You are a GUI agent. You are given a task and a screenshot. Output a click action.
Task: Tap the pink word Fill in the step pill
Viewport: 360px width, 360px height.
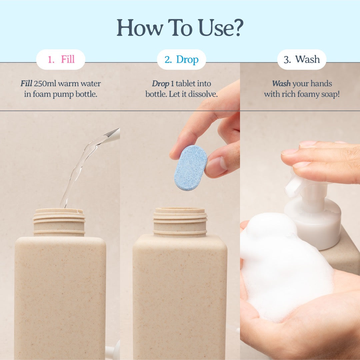[x=68, y=60]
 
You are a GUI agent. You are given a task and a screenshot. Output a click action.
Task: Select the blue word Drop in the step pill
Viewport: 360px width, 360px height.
[x=187, y=60]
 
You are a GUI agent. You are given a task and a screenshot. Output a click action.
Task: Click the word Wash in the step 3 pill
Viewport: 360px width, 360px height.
[x=307, y=60]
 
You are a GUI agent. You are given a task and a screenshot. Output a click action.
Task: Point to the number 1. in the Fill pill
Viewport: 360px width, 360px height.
[x=51, y=60]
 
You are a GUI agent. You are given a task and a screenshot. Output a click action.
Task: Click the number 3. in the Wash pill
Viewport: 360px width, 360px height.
[x=287, y=60]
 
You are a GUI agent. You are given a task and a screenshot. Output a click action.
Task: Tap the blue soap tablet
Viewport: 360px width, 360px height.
[x=190, y=168]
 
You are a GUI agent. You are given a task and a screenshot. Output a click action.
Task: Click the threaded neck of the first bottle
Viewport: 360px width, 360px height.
[x=59, y=222]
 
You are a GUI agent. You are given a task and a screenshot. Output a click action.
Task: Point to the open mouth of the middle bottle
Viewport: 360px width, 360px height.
[x=180, y=211]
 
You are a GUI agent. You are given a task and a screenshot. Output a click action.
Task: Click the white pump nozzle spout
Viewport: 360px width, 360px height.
[x=291, y=186]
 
